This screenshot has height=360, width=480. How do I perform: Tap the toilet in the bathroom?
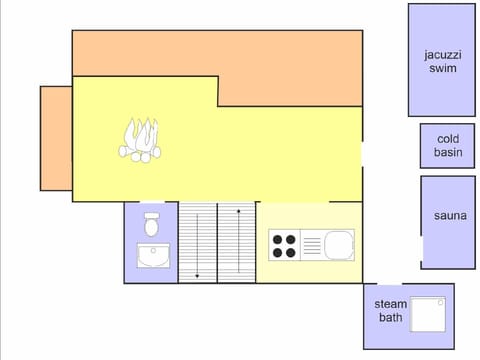tap(152, 224)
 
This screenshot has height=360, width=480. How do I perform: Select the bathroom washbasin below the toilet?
tap(153, 257)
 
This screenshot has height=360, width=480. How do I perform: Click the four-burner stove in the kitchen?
tap(284, 245)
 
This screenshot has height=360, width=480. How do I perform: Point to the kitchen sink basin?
tap(338, 244)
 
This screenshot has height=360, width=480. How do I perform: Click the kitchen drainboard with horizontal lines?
tap(310, 245)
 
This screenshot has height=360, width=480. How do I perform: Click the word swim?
tap(441, 69)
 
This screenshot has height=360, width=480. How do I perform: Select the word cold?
tap(448, 139)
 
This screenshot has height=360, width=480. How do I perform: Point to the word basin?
tap(448, 153)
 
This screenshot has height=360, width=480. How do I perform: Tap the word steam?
tap(390, 303)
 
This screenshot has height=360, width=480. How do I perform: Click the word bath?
tap(390, 318)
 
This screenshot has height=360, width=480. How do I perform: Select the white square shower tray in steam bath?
tap(429, 315)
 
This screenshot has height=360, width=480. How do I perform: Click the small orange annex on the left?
tap(56, 138)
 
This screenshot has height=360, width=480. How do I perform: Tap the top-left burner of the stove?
tap(278, 239)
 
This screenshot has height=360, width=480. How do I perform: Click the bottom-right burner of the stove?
tap(291, 252)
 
